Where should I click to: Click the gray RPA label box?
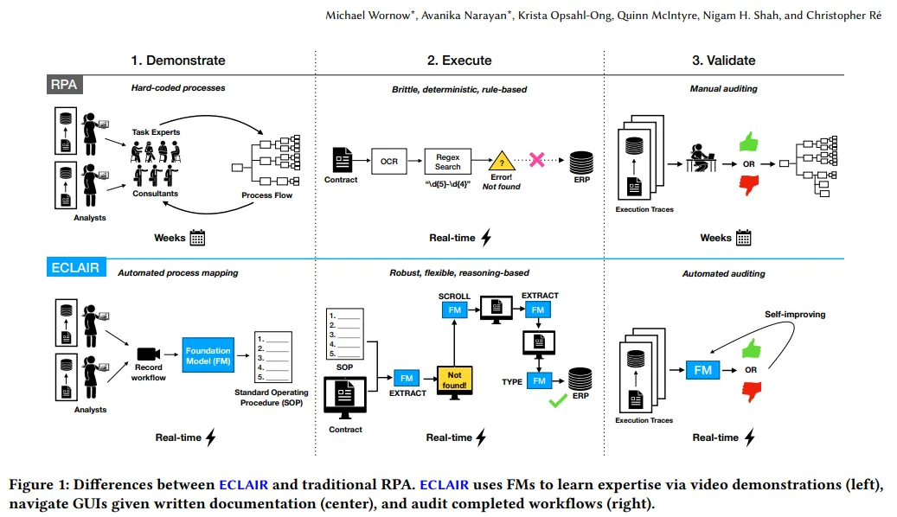pos(63,84)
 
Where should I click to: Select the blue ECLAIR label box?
pos(74,268)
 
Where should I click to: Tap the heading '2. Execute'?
pos(459,61)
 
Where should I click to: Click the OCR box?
pos(388,161)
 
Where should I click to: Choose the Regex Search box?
pos(448,161)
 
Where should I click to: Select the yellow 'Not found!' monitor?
pos(456,379)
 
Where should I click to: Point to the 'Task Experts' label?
pos(157,132)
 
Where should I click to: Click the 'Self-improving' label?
pos(795,315)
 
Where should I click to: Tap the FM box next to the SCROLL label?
pos(455,309)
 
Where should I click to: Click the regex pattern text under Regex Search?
pos(447,184)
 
